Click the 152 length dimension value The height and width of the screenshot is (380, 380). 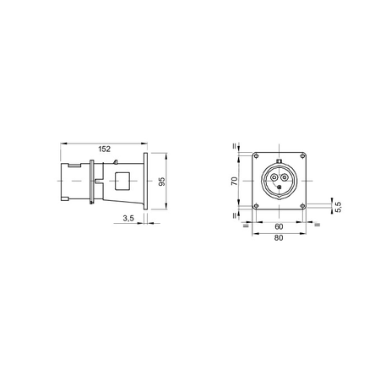pos(104,149)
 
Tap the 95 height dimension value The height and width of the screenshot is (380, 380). pos(162,182)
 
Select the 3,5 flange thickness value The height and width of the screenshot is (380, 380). pos(128,218)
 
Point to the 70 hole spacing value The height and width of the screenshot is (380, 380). pos(234,181)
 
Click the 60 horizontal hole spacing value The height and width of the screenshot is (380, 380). pos(279,226)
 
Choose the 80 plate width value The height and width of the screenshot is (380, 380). pos(279,238)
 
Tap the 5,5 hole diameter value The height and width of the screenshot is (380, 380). pos(339,207)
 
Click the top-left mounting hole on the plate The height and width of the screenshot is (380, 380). pos(256,155)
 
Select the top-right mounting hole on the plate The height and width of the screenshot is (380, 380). pos(302,155)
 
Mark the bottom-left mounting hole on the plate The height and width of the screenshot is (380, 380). pos(256,206)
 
